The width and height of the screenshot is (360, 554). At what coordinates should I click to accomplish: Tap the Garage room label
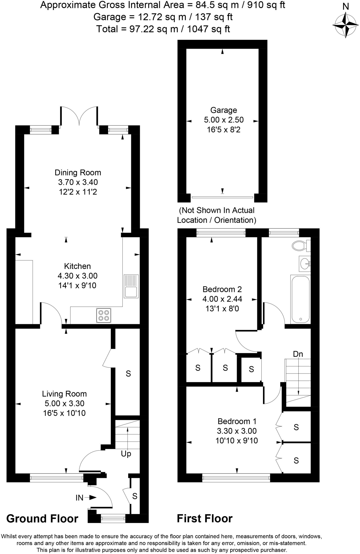point(224,110)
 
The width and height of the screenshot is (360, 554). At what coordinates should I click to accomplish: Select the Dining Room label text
point(78,173)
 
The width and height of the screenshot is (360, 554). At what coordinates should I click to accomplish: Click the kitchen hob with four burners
point(104,315)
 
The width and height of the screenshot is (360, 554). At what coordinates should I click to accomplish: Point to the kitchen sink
point(131,286)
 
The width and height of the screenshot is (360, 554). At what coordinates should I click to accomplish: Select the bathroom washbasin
point(305,263)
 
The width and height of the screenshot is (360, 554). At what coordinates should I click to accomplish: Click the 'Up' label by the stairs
point(126,454)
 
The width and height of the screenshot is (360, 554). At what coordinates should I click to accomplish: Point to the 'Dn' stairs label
point(298,354)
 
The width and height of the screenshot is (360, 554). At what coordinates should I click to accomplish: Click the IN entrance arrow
point(86,497)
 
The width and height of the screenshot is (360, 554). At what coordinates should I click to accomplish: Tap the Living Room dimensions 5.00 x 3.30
point(64,403)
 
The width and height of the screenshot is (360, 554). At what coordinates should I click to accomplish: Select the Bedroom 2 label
point(222,289)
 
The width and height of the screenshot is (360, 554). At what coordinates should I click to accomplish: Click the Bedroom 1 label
point(237,421)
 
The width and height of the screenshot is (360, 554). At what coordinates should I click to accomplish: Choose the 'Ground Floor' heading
point(42,519)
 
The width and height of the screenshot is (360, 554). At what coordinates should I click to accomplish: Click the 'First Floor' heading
point(205,519)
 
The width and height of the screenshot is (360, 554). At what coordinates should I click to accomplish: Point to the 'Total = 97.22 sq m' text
point(163,29)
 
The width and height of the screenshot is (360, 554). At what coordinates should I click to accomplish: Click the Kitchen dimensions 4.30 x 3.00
point(78,276)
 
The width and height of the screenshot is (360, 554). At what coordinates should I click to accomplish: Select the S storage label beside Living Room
point(128,374)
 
